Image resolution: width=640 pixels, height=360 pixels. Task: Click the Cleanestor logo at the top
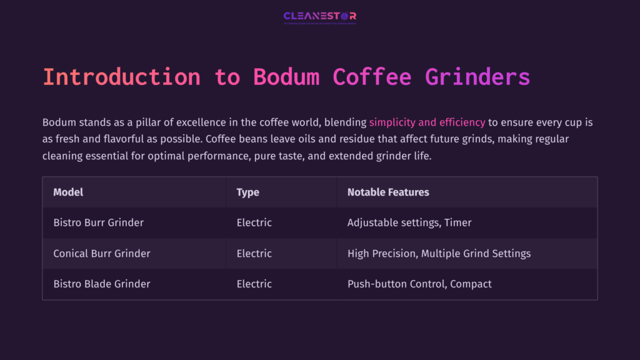[319, 17]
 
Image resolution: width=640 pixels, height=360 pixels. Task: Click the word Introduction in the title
[121, 77]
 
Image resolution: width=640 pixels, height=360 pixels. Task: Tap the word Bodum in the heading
[286, 77]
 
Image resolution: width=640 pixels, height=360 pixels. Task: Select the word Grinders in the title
[477, 77]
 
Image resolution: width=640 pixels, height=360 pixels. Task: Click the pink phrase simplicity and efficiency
[427, 122]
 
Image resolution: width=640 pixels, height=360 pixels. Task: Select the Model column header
[68, 192]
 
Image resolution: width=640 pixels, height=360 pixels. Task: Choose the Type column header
[247, 192]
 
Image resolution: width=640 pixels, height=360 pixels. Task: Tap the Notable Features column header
[388, 192]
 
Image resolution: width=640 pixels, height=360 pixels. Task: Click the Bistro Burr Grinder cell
[98, 222]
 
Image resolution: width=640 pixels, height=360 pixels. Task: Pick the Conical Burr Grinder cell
[102, 253]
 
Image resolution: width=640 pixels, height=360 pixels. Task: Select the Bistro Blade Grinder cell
[102, 284]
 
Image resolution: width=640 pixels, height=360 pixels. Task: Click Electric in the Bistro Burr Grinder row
[254, 222]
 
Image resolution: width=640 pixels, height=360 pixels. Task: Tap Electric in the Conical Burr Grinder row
[254, 253]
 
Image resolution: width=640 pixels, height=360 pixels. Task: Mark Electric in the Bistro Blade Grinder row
[254, 284]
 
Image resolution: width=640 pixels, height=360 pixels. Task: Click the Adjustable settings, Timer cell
[409, 222]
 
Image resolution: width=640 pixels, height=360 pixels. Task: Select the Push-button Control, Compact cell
[419, 284]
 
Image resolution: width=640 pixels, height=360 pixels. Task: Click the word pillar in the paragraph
[143, 122]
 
